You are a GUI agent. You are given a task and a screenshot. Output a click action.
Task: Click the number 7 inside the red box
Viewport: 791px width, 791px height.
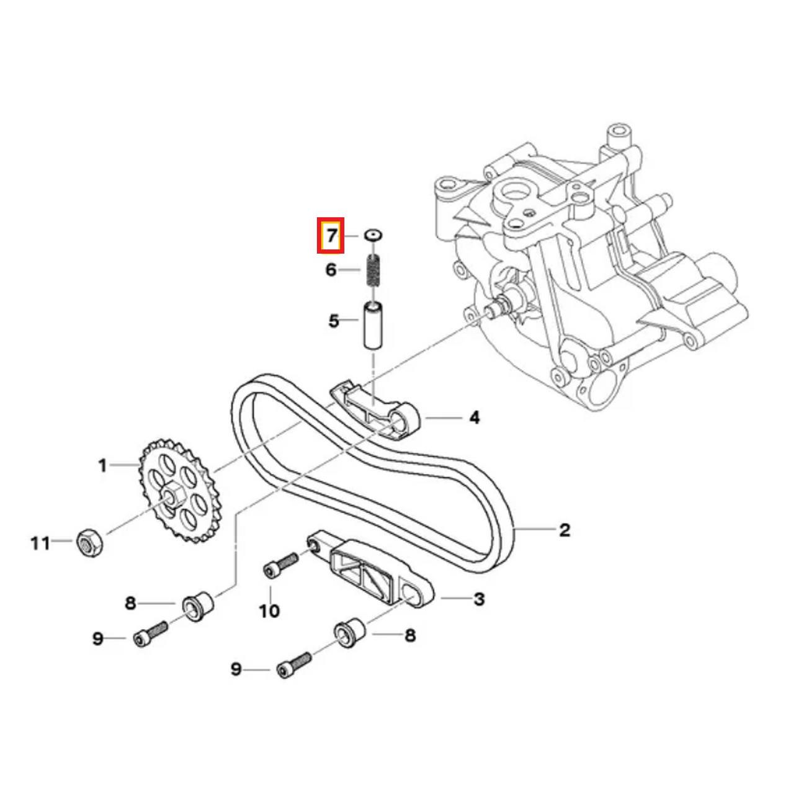point(332,236)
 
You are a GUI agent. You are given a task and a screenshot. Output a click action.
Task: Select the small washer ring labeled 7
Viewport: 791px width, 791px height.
point(372,235)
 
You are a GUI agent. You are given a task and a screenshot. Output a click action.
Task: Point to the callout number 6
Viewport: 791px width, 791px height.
point(331,270)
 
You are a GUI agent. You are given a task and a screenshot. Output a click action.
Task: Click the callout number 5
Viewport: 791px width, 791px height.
point(334,321)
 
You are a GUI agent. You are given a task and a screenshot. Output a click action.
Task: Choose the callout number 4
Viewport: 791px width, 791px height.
point(474,418)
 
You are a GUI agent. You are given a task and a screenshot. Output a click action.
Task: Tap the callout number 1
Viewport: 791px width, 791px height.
point(103,465)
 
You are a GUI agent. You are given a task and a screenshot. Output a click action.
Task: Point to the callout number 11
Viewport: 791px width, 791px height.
point(40,543)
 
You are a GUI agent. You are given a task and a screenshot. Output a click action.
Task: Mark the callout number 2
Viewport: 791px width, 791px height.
point(564,530)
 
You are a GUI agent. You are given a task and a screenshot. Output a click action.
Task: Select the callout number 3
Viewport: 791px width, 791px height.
point(478,599)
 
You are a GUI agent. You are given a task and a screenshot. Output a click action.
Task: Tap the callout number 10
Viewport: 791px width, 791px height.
point(269,611)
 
